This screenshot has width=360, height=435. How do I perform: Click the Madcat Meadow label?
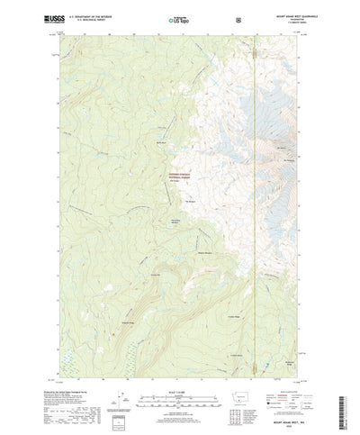204,253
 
